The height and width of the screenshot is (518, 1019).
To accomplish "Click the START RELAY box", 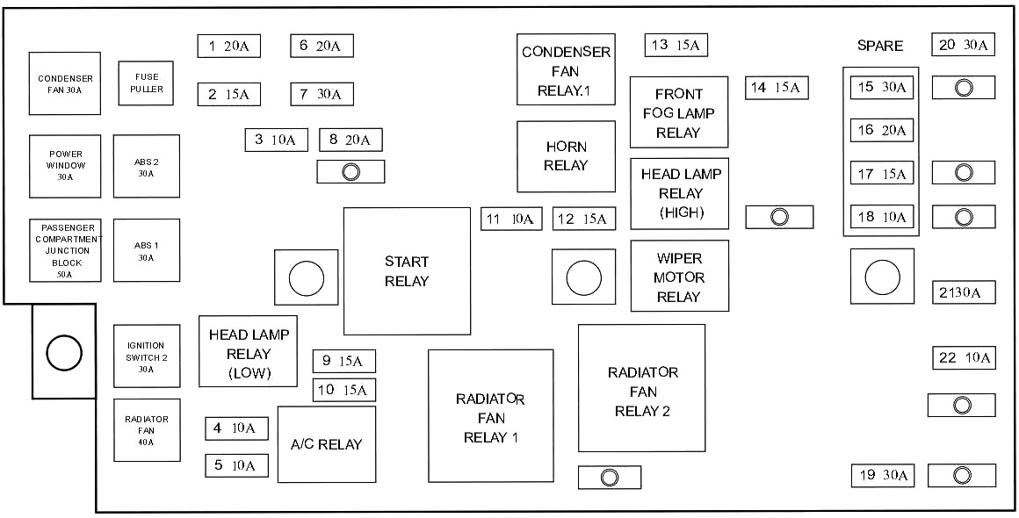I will [x=407, y=271].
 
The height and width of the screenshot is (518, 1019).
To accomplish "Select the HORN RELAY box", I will [x=566, y=156].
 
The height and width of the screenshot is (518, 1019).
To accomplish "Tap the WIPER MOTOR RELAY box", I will [x=679, y=276].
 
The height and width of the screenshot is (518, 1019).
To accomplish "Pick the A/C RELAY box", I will [x=326, y=444].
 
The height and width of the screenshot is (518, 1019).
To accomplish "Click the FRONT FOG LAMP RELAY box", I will [x=679, y=112].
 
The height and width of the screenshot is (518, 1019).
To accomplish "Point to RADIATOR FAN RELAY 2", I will [x=641, y=387].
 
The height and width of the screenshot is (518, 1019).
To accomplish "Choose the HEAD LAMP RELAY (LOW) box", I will [x=249, y=350].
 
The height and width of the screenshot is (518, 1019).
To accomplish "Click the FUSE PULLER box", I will [x=146, y=83].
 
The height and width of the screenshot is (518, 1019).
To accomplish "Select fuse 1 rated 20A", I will [x=228, y=47].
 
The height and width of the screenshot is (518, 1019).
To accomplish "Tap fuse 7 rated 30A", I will [x=322, y=93].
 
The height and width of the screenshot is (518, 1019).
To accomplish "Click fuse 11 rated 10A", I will [x=510, y=219].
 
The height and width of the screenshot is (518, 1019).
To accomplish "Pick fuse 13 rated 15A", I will [x=676, y=45].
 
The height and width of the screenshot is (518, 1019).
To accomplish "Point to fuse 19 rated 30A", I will [x=882, y=475].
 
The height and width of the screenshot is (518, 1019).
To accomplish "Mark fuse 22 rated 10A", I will [x=964, y=357].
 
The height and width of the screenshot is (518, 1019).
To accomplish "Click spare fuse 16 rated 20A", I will [x=882, y=130].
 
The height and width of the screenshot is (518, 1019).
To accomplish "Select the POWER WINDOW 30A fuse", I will [x=65, y=166].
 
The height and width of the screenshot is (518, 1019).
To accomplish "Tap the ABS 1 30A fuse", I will [x=146, y=250].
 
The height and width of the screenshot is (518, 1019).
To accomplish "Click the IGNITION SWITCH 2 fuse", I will [x=146, y=356].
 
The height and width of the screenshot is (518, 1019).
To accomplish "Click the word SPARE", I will [x=879, y=46].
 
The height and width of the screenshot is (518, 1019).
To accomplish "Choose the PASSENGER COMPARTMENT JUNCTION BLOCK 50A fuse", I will [x=65, y=250].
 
